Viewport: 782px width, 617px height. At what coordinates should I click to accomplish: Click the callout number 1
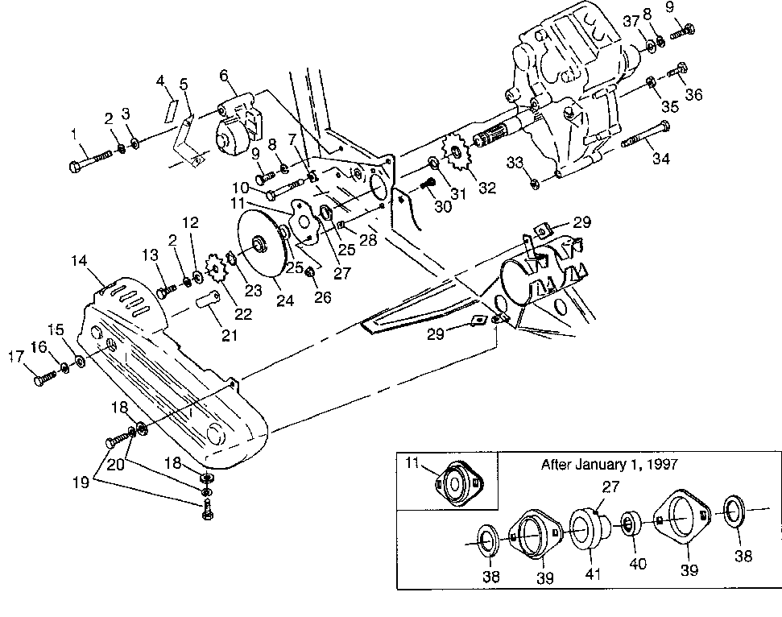(74, 134)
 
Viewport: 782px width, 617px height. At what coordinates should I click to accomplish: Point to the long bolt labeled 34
(645, 135)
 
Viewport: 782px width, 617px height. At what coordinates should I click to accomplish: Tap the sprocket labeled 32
(455, 151)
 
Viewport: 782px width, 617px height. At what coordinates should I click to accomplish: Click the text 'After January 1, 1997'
(610, 465)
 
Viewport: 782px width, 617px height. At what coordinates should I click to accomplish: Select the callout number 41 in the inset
(593, 574)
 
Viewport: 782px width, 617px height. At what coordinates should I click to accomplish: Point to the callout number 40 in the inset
(638, 564)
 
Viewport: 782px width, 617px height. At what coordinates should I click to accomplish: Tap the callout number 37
(631, 21)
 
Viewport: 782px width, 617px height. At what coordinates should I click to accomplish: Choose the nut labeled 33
(532, 183)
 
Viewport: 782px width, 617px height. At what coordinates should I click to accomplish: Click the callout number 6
(224, 76)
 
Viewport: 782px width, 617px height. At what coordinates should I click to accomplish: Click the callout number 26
(323, 297)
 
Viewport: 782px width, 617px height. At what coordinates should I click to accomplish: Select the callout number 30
(442, 206)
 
